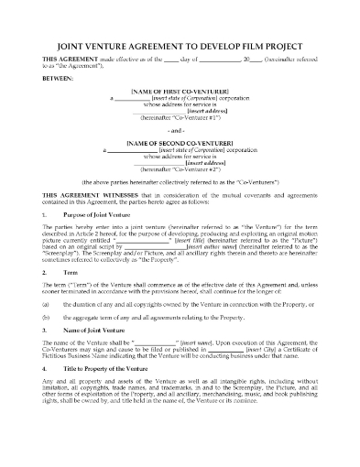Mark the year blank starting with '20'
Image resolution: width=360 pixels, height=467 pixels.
(251, 59)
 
